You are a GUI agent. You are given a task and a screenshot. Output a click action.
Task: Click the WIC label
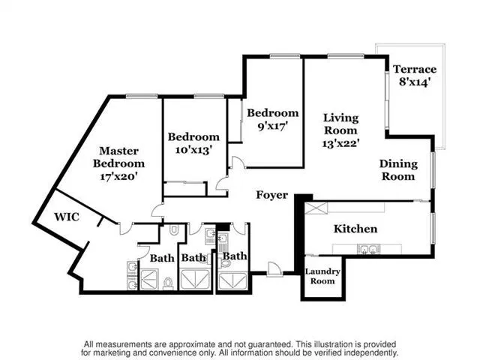[67, 217]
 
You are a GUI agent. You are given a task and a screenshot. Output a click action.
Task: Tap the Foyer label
[271, 195]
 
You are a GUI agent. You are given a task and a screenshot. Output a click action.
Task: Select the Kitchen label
[355, 229]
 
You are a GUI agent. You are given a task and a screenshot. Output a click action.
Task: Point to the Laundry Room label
[322, 276]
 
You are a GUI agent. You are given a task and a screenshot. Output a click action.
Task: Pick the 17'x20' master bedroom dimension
[118, 177]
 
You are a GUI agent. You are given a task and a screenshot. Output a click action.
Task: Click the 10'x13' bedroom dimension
[193, 150]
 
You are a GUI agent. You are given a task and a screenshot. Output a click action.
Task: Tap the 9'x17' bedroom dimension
[273, 126]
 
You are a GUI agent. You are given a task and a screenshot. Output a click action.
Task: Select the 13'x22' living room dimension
[340, 143]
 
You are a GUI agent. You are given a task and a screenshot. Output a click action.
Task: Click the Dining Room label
[398, 170]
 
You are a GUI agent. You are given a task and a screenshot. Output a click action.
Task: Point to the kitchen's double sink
[368, 250]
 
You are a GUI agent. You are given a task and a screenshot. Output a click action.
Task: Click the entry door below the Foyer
[274, 270]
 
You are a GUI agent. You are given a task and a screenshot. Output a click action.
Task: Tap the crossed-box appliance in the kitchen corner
[316, 208]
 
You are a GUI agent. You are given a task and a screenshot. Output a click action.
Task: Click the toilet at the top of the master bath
[174, 230]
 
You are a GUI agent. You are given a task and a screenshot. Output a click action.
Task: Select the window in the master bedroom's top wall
[142, 96]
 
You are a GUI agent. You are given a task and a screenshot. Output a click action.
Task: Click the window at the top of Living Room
[346, 56]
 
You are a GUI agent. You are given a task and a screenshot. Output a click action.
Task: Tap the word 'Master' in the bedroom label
[118, 151]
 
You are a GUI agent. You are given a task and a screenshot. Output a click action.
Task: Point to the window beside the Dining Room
[433, 169]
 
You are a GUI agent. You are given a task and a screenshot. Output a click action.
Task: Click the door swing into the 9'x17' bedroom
[238, 162]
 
